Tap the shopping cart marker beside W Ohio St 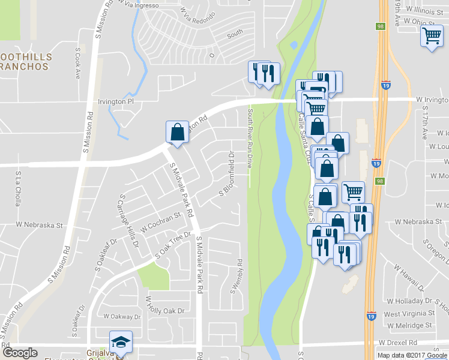pyautogui.click(x=432, y=37)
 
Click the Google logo pyautogui.click(x=20, y=353)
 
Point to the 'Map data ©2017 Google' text pyautogui.click(x=412, y=355)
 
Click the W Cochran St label pyautogui.click(x=161, y=221)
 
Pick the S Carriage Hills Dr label pyautogui.click(x=130, y=220)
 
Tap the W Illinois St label pyautogui.click(x=427, y=10)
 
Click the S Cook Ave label pyautogui.click(x=77, y=64)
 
